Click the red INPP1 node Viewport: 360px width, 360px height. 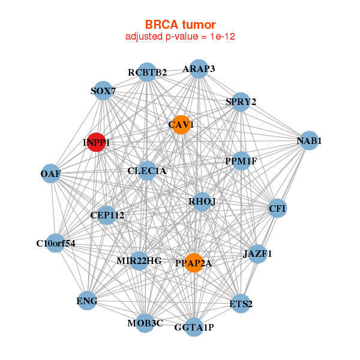coord(97,142)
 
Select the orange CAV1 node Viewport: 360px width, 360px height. coord(180,125)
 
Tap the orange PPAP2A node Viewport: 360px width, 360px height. coord(193,262)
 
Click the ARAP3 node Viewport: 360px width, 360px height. coord(199,68)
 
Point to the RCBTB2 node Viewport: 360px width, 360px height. coord(147,72)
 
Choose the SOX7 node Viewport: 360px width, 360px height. coord(103,91)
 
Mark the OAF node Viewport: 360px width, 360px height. coord(50,174)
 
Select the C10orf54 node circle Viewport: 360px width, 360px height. coord(55,243)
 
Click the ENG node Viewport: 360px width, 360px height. coord(87,300)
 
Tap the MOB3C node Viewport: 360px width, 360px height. coord(145,323)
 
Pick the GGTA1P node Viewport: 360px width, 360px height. coord(193,327)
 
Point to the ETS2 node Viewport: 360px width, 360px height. coord(241,304)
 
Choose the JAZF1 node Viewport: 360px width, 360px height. coord(257,254)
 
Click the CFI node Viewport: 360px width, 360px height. coord(277,208)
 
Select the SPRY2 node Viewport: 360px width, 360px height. coord(241,101)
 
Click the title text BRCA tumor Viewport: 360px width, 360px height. coord(181,25)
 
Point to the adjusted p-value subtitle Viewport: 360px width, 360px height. coord(181,37)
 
